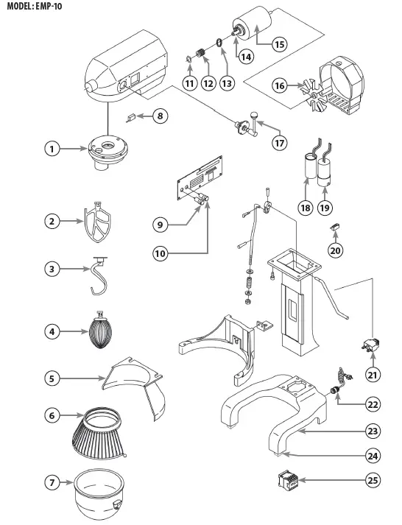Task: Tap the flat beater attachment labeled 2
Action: pos(97,219)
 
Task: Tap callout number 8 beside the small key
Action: pos(159,116)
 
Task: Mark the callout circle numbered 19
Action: pos(325,208)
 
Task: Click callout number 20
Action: pos(335,250)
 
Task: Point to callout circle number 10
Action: pos(163,253)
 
